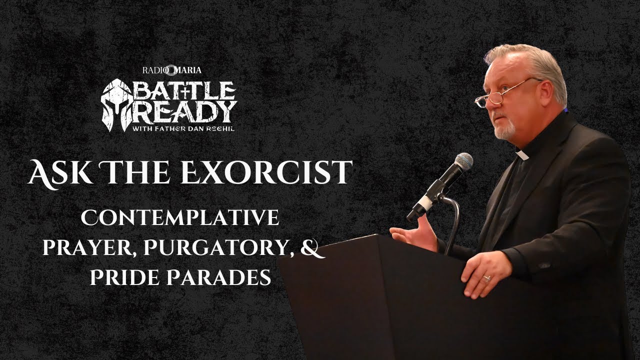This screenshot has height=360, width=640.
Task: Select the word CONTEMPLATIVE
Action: point(180,218)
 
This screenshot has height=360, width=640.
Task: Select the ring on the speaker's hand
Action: point(486,278)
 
